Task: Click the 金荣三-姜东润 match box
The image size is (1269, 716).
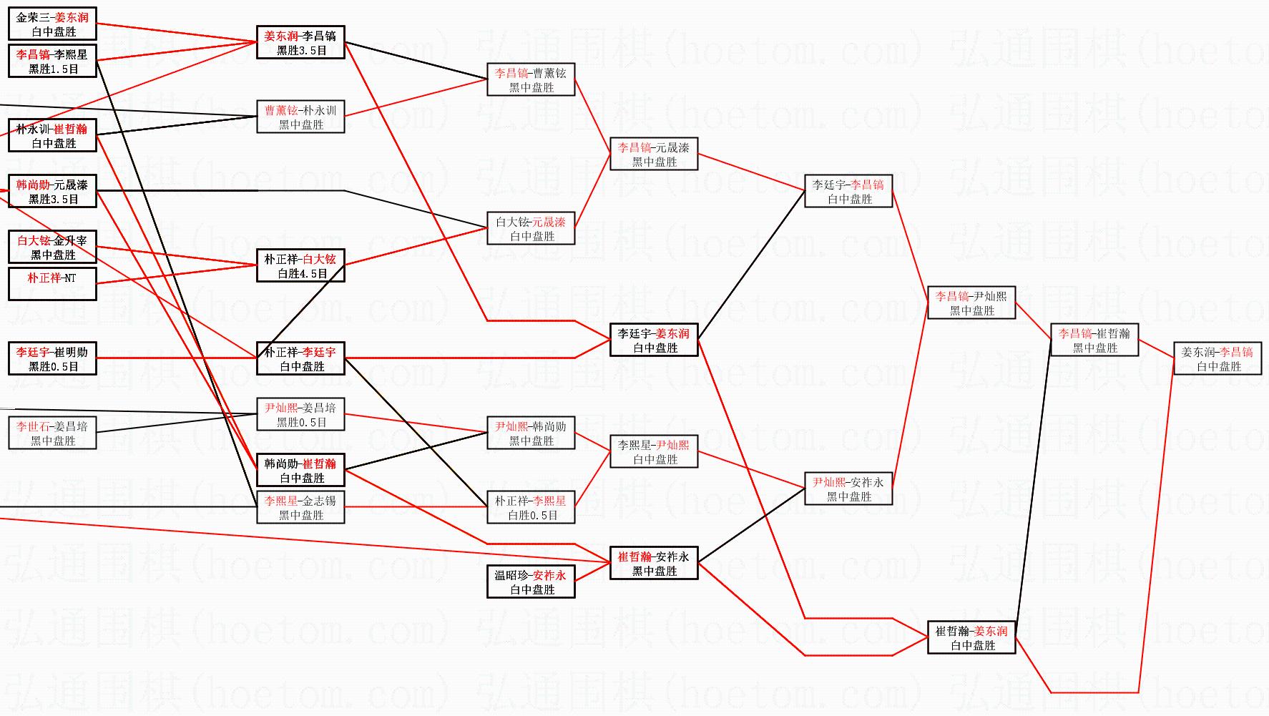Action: click(52, 24)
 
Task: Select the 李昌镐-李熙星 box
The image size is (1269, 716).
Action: click(52, 61)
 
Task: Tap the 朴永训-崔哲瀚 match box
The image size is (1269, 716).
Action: click(52, 135)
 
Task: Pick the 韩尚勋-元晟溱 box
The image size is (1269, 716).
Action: click(52, 191)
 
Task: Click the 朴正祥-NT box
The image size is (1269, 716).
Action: click(52, 284)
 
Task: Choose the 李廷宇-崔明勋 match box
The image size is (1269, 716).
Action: click(52, 358)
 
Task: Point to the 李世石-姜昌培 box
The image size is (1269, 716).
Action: click(52, 433)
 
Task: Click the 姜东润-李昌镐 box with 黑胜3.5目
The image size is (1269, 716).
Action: click(300, 42)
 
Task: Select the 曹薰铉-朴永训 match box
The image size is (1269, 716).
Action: click(300, 117)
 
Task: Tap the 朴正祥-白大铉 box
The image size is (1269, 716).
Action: click(300, 265)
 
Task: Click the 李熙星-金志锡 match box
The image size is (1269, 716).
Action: click(300, 507)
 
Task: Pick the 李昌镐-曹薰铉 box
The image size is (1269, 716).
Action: click(531, 79)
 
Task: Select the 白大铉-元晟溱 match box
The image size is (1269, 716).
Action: click(531, 228)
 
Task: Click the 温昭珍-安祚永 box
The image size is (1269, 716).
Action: click(531, 582)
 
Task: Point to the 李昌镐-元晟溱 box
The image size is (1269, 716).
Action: click(654, 154)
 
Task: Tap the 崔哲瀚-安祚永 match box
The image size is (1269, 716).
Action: click(654, 563)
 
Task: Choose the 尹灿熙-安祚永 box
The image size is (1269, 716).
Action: click(848, 489)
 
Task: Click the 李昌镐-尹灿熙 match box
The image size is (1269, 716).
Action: click(971, 303)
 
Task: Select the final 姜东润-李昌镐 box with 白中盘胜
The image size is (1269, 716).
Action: click(1217, 358)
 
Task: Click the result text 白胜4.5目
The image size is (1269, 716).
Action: click(303, 274)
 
